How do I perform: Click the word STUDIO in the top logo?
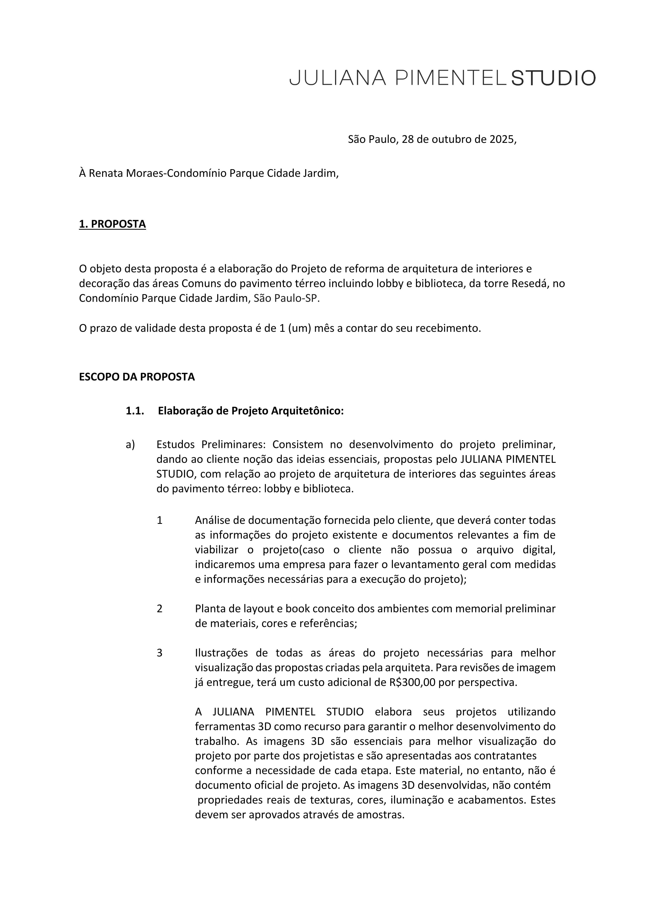click(x=553, y=78)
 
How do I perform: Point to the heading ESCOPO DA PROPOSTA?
click(x=137, y=377)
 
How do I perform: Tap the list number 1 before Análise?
click(x=160, y=521)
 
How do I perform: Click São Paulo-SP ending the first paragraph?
click(x=287, y=299)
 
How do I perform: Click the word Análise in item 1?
click(x=213, y=521)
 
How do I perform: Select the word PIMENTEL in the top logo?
click(x=450, y=78)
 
